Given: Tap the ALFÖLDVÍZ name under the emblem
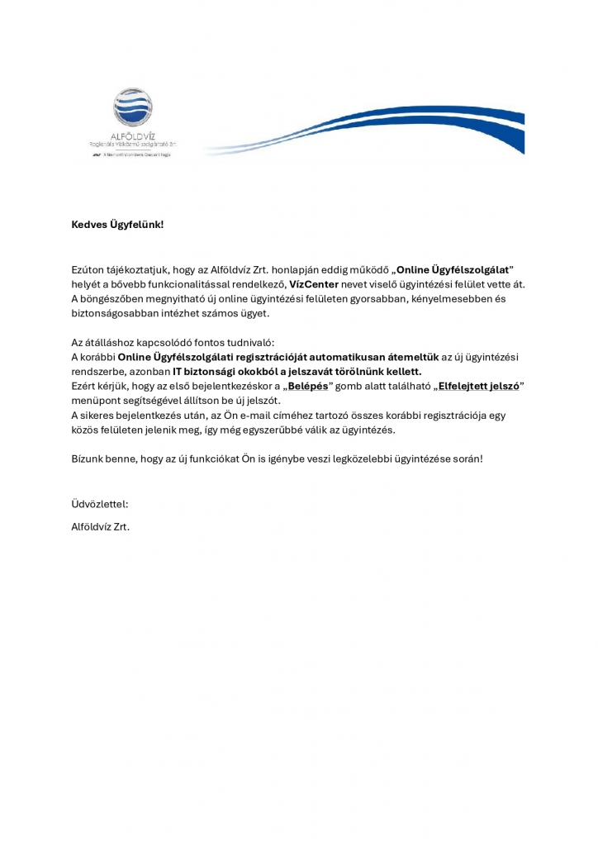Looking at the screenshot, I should click(x=134, y=135).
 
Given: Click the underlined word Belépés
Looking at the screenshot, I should click(x=310, y=386).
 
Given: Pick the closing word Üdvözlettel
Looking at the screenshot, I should click(x=100, y=503).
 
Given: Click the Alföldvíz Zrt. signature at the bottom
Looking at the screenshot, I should click(x=101, y=525).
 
